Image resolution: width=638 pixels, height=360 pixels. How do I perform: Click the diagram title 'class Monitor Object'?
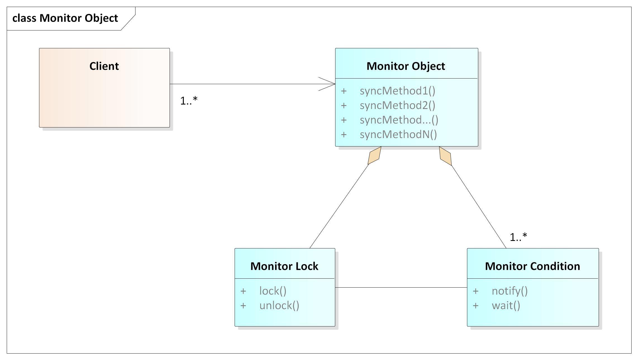tap(65, 18)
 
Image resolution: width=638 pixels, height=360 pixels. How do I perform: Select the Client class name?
tap(104, 66)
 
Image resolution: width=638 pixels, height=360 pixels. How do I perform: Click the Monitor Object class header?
tap(406, 66)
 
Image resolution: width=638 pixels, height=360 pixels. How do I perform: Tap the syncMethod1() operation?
tap(397, 91)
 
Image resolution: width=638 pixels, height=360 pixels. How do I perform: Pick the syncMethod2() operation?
tap(397, 105)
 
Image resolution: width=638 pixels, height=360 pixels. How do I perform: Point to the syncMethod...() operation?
tap(399, 120)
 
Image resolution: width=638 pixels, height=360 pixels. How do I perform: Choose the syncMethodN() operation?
tap(398, 134)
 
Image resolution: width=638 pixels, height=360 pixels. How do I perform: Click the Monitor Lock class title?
tap(284, 266)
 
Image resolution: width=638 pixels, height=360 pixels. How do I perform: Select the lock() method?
tap(273, 291)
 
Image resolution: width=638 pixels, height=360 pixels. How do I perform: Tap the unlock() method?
tap(279, 305)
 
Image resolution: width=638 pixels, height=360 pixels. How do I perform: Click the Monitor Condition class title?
tap(532, 266)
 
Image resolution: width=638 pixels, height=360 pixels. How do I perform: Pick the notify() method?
tap(510, 291)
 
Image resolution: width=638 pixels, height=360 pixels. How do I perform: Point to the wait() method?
tap(506, 305)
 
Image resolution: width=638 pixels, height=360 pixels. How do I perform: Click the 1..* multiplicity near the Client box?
tap(189, 101)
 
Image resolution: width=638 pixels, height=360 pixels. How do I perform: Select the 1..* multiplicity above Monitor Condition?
tap(518, 237)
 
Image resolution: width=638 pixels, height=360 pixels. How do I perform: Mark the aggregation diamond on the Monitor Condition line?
tap(445, 156)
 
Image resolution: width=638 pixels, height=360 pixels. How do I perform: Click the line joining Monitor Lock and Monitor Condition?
tap(401, 287)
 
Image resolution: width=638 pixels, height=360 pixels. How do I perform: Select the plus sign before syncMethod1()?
tap(344, 91)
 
